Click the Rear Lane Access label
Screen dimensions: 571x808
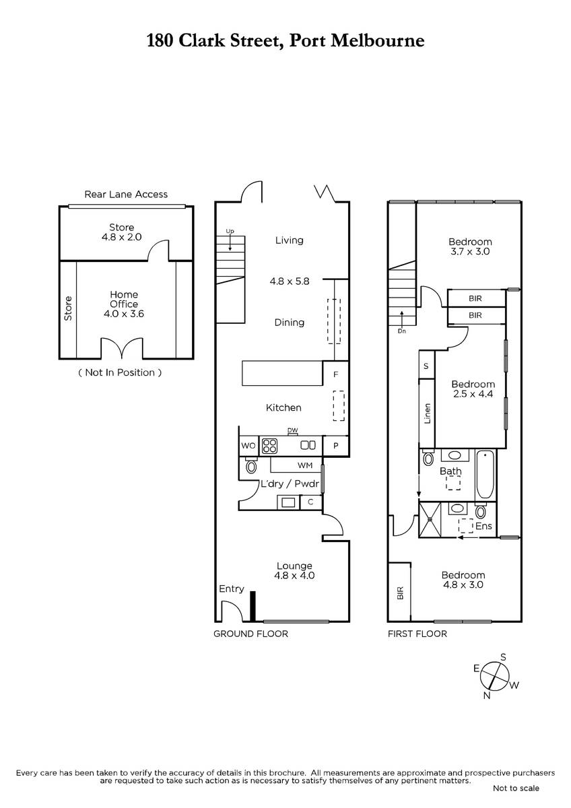pos(126,195)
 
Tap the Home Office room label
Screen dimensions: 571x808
pos(124,299)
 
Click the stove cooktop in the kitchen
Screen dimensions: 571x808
pos(269,446)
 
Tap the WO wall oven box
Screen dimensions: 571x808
pos(248,446)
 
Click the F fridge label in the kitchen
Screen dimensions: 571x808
pos(336,374)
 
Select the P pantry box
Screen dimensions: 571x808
pos(336,446)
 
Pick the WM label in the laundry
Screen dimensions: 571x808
pos(305,465)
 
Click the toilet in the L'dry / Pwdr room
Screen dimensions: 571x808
pos(250,465)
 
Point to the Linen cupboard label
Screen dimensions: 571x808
pos(428,413)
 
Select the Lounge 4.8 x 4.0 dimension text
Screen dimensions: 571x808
pos(294,576)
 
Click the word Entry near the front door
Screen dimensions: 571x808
pos(232,589)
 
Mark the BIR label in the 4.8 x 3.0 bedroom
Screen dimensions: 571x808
pos(400,593)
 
